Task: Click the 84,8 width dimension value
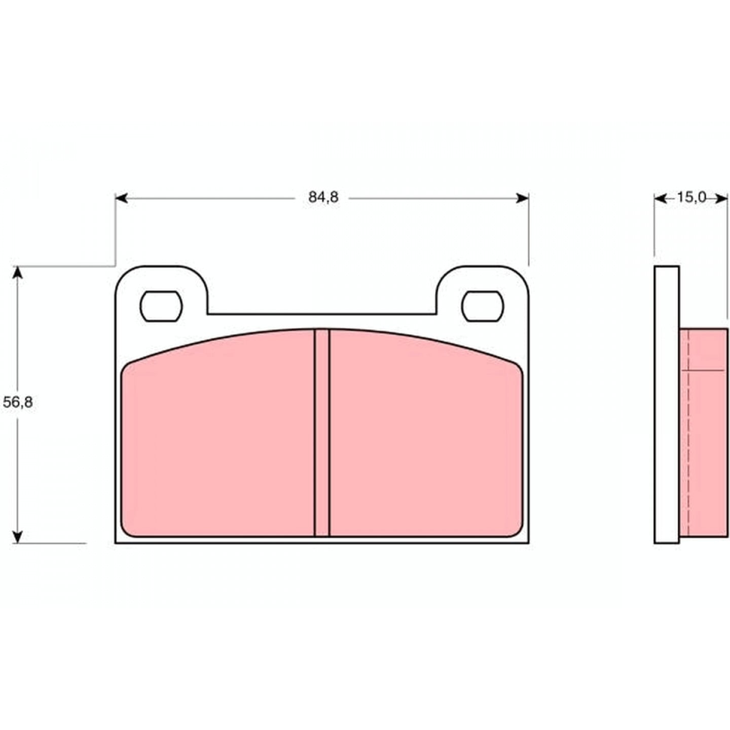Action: (323, 197)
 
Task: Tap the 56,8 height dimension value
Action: (18, 402)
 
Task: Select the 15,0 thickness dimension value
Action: (692, 197)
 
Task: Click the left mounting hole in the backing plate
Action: (161, 306)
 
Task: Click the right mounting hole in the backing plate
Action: (483, 306)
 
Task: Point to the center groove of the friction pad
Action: (322, 432)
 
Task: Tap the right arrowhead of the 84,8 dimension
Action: (522, 198)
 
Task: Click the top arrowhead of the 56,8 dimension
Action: (18, 273)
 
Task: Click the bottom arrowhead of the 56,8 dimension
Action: (18, 537)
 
